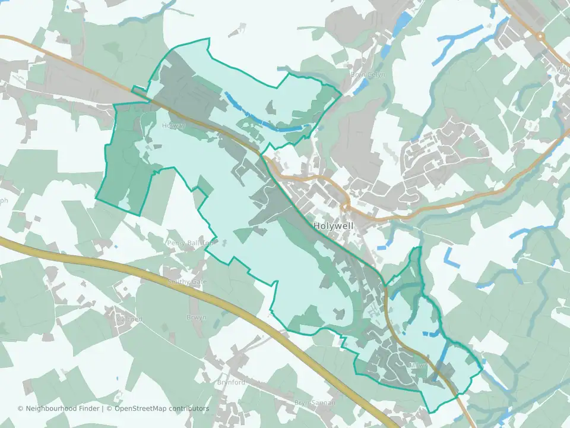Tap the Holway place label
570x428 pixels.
pos(173,126)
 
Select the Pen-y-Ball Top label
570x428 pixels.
pos(189,243)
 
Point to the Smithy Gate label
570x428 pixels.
pos(188,281)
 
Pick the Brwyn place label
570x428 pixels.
pos(197,317)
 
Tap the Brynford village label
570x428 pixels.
pos(231,382)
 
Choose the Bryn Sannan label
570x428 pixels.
pos(315,403)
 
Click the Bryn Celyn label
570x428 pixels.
pos(363,75)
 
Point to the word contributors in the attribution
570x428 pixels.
pos(189,408)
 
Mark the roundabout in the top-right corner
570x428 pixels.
pos(541,36)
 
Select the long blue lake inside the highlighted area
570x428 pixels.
pos(261,118)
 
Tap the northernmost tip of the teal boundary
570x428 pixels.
pos(208,39)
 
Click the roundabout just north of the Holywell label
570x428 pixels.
pos(344,207)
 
